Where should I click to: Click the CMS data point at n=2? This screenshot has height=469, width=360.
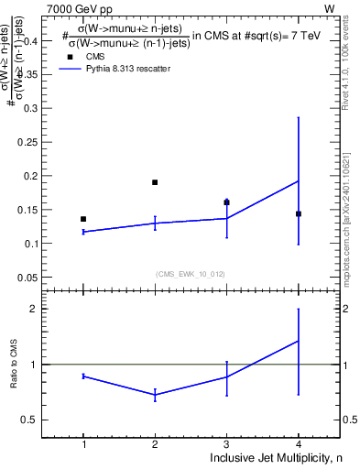(155, 182)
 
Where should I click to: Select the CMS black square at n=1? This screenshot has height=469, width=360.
(83, 219)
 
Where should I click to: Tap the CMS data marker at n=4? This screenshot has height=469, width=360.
(299, 213)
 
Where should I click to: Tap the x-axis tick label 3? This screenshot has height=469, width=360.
(226, 444)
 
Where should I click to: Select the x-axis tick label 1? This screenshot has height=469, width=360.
(83, 444)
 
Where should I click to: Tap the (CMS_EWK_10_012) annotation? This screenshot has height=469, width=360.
(191, 273)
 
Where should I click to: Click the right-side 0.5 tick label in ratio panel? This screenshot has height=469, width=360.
(349, 420)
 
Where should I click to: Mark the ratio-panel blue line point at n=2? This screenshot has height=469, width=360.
(155, 395)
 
